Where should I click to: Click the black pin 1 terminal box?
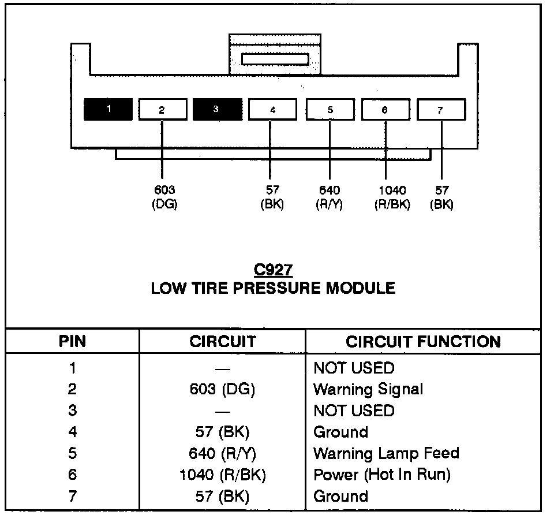coord(107,109)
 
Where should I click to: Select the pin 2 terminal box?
coord(162,109)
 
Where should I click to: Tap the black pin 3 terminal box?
coord(217,109)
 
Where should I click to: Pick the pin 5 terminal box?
coord(330,109)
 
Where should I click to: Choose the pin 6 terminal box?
coord(385,109)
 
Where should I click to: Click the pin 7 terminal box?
coord(440,109)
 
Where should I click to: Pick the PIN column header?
coord(72,341)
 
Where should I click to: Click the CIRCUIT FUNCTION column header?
coord(423,341)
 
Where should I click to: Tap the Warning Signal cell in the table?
coord(368,389)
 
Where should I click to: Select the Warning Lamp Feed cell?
coord(386,453)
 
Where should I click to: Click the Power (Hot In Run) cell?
coord(381,475)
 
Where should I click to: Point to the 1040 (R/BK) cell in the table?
coord(222,475)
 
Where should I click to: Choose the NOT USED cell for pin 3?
coord(354,410)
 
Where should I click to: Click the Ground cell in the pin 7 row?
coord(340,496)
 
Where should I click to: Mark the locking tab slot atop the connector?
coord(275,59)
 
